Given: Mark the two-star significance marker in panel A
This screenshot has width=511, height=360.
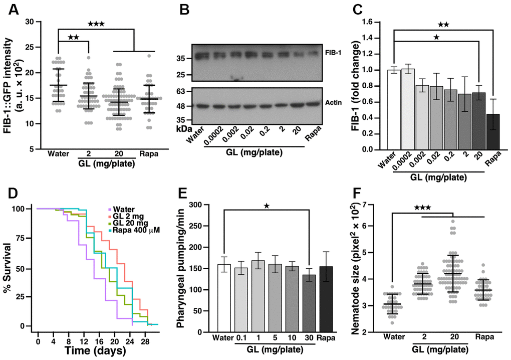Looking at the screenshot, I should (x=74, y=38).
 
